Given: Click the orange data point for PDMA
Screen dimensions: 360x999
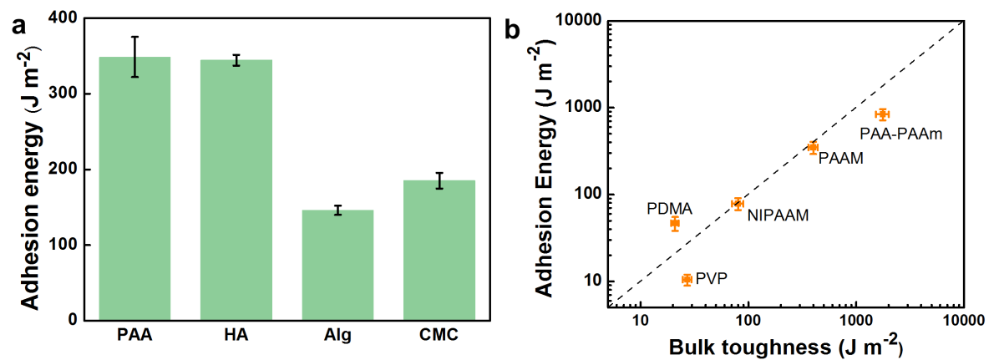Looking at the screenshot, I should [x=675, y=223].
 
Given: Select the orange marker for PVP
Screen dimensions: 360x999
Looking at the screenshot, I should [x=687, y=280].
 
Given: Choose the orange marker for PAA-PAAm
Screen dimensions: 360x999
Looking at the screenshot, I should [x=882, y=114].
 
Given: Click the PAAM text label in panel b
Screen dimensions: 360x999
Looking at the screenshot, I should [x=840, y=156].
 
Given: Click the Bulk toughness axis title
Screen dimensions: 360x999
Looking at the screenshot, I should [x=783, y=346].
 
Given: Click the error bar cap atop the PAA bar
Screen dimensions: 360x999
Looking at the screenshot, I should [x=134, y=37].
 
